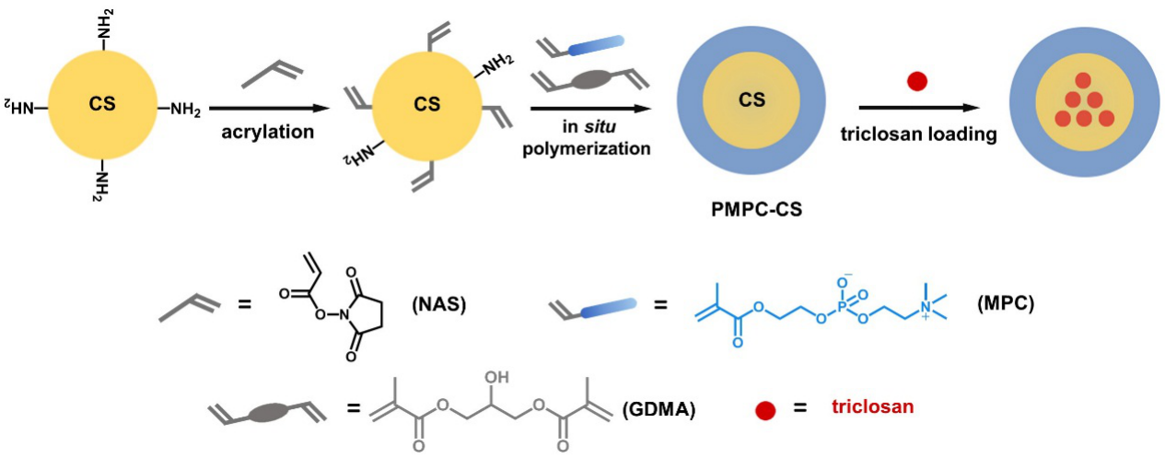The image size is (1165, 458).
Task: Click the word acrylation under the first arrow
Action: click(x=267, y=132)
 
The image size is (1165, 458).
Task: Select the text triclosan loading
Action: click(x=918, y=135)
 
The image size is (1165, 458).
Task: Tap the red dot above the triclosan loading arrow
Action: click(x=916, y=82)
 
